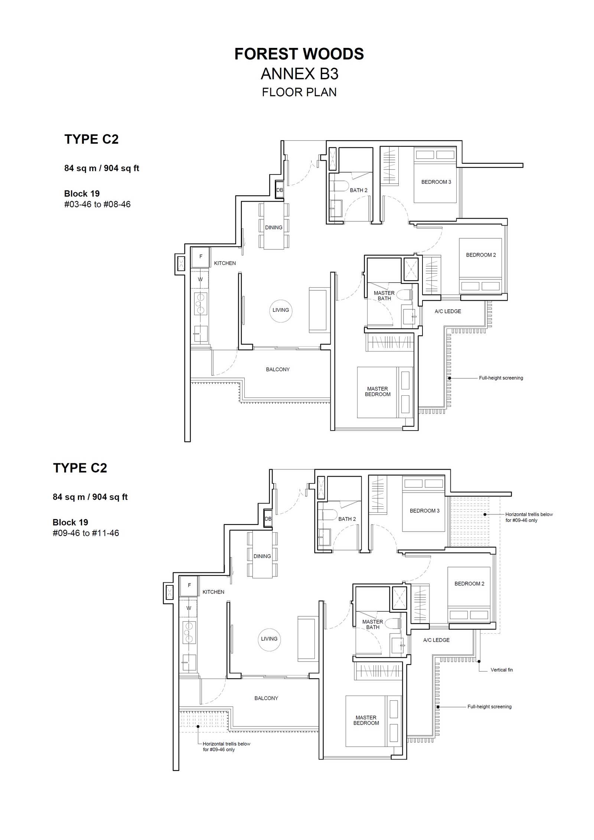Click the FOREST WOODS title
coord(299,54)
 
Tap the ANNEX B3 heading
coord(299,74)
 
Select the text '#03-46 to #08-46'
coord(97,204)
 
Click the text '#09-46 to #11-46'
coord(86,533)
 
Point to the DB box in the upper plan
coord(280,190)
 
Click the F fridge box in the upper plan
coord(200,257)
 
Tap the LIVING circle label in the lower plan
coord(269,639)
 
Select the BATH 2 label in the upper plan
coord(359,190)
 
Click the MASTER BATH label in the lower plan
coord(372,624)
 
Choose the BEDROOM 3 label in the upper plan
coord(436,182)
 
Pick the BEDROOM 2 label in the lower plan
coord(469,584)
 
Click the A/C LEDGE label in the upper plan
coord(448,311)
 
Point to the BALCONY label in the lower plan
coord(266,698)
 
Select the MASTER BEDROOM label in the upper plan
coord(378,392)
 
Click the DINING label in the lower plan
coord(262,556)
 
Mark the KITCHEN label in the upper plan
coord(225,263)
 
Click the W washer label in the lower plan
coord(189,608)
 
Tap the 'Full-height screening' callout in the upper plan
coord(501,378)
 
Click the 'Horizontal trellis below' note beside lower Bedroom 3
coord(529,517)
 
